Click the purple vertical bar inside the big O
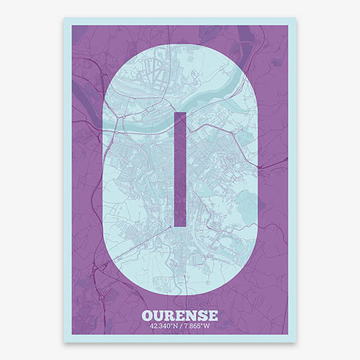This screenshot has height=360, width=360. coord(180,169)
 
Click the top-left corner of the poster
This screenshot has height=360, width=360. coord(64,18)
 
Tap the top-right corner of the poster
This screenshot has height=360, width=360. coord(297,18)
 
